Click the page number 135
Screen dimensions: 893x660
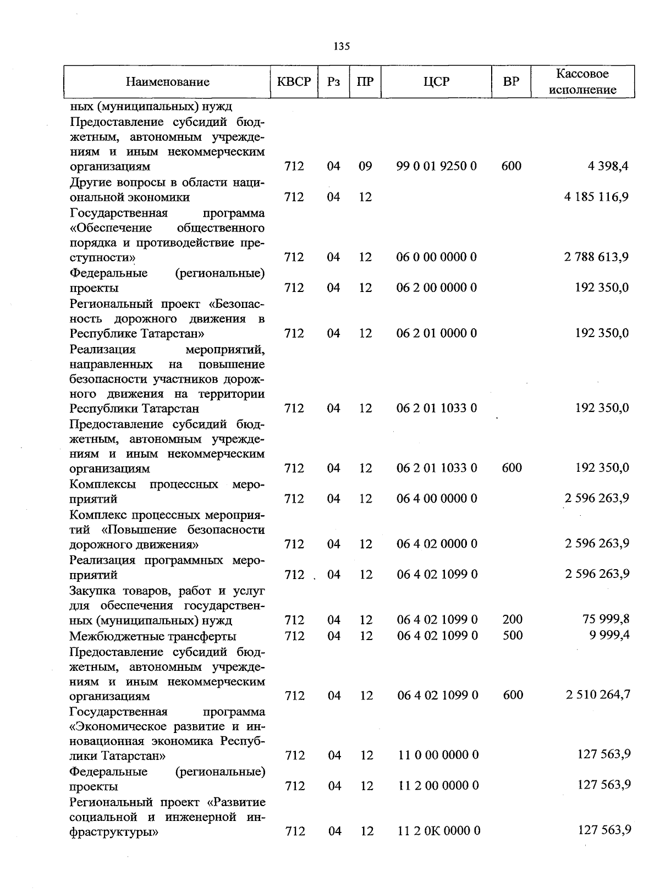point(342,46)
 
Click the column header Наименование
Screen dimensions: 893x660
point(167,82)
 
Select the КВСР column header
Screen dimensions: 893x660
point(294,82)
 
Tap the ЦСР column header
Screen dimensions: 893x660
point(436,82)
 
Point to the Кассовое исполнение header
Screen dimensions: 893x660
point(582,82)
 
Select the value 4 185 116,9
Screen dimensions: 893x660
point(596,197)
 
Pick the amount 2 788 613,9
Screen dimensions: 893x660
point(596,257)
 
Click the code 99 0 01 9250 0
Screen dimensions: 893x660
point(437,166)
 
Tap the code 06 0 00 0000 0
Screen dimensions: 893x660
point(437,257)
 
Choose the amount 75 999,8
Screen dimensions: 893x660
point(606,620)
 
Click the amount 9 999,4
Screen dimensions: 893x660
point(608,635)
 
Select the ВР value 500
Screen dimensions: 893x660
point(513,636)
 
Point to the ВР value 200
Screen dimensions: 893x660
point(513,620)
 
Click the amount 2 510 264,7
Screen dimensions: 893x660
point(598,695)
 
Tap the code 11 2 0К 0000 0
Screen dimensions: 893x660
point(439,831)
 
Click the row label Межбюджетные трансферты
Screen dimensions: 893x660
point(153,636)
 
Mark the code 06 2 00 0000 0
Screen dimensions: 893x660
point(437,288)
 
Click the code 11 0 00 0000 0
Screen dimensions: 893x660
point(438,755)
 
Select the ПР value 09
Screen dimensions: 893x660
point(365,166)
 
